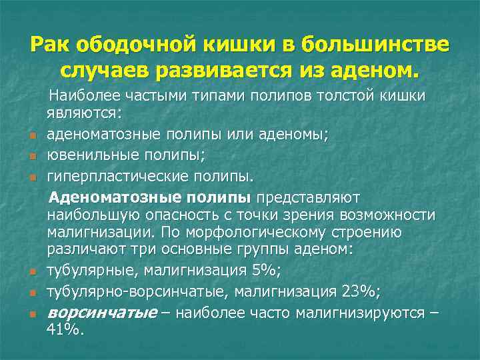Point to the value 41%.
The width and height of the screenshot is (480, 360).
click(63, 328)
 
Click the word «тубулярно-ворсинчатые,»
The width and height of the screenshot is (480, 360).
click(125, 291)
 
